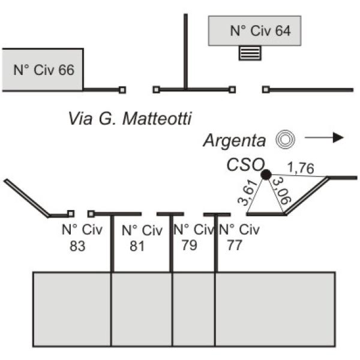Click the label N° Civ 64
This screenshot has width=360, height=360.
point(260,31)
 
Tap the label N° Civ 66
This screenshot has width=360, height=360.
point(44,70)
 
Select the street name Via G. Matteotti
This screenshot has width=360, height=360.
point(130,119)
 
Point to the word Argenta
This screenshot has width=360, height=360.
point(235,140)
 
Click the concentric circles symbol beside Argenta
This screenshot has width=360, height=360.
point(285,139)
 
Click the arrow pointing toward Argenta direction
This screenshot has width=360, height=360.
point(324,137)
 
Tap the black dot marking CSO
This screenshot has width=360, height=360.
point(266,175)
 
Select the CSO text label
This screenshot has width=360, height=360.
point(245,164)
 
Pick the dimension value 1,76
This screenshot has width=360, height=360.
point(301,168)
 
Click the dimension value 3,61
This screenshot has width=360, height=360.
point(247,193)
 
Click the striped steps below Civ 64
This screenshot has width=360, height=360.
point(250,53)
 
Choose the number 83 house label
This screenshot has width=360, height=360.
point(77,246)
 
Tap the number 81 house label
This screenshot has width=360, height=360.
point(137,247)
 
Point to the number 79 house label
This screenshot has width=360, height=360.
point(190,245)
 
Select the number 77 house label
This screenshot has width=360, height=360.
point(235,245)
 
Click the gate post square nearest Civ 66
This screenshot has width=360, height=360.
point(122,90)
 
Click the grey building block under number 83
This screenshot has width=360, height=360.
point(72,309)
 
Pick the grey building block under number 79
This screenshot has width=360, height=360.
point(194,309)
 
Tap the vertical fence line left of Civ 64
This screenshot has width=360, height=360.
point(185,51)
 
